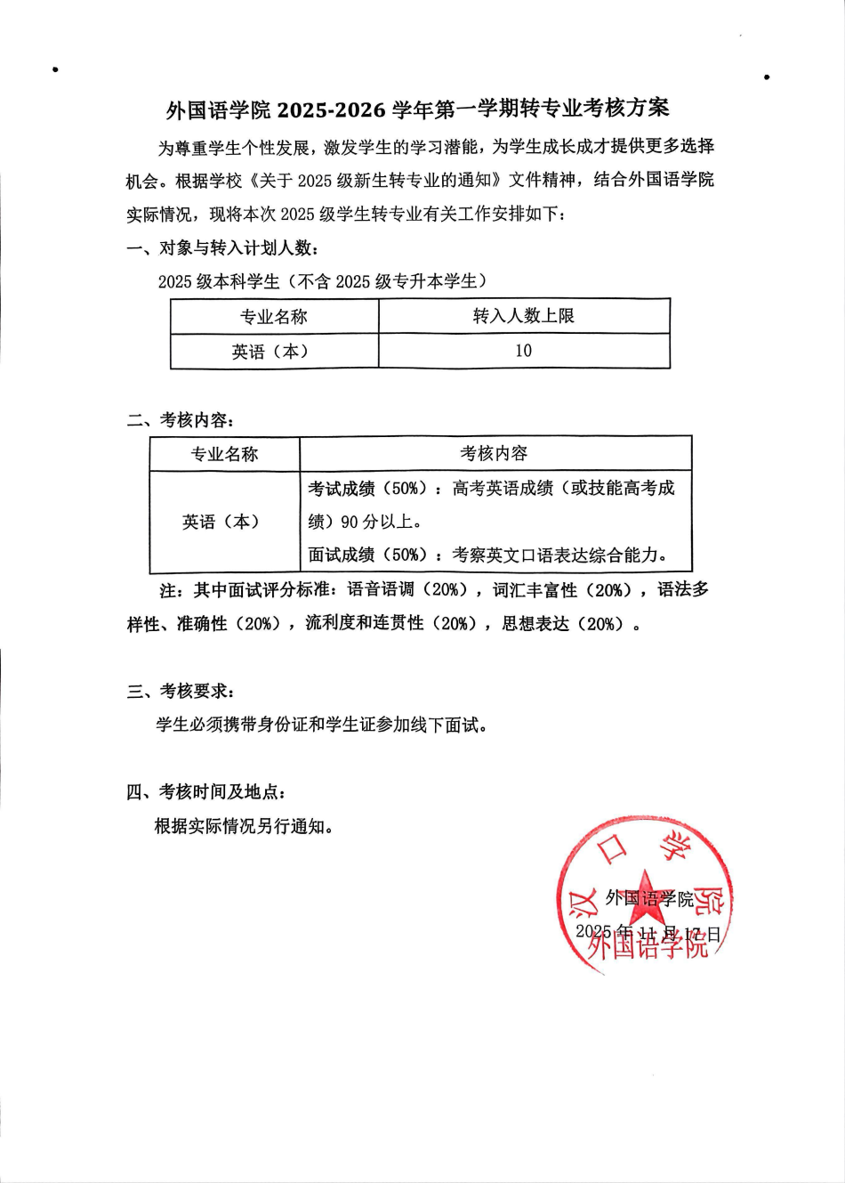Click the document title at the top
coord(418,109)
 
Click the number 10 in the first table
coord(523,351)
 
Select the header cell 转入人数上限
coord(523,316)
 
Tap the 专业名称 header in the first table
coord(273,317)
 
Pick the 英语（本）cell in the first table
coord(270,352)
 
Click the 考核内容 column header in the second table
coord(494,454)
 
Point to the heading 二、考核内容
coord(181,420)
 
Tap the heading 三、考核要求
coord(181,691)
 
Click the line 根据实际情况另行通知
coord(245,826)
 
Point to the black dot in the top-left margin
coord(55,69)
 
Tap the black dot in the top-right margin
coord(767,77)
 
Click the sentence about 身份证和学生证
coord(322,725)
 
